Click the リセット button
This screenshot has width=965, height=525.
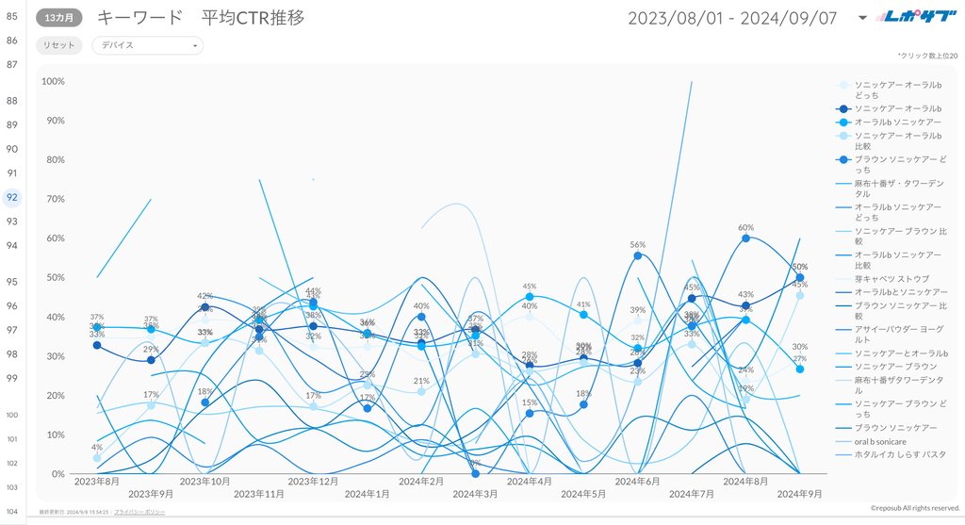pyautogui.click(x=58, y=45)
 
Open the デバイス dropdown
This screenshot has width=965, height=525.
pyautogui.click(x=147, y=45)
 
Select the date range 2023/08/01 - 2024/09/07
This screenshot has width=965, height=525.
pyautogui.click(x=732, y=18)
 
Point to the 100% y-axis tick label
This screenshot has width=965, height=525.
pyautogui.click(x=54, y=81)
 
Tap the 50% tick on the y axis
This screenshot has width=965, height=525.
pyautogui.click(x=56, y=278)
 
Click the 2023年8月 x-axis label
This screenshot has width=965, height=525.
pyautogui.click(x=97, y=481)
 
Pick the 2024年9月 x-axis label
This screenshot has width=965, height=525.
pyautogui.click(x=799, y=493)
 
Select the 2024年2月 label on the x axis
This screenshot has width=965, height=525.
pyautogui.click(x=421, y=481)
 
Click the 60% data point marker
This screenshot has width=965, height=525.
pyautogui.click(x=745, y=238)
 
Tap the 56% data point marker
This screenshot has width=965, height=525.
pyautogui.click(x=638, y=255)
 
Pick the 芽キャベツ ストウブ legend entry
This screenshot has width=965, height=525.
pyautogui.click(x=891, y=279)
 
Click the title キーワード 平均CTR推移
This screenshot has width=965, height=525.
pyautogui.click(x=201, y=18)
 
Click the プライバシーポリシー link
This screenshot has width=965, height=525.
pyautogui.click(x=139, y=511)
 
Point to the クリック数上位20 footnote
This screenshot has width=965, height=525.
pyautogui.click(x=927, y=57)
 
